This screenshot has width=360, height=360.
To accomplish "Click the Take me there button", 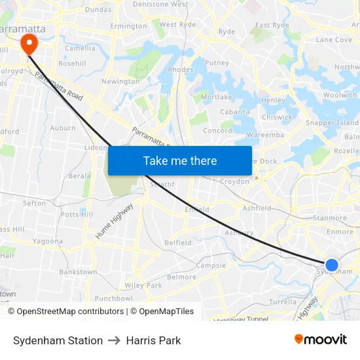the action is coord(180,160).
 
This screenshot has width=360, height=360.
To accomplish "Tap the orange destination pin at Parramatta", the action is coord(29,44).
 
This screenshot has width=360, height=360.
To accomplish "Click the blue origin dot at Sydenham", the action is coord(332,265).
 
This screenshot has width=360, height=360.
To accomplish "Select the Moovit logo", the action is coord(321,340).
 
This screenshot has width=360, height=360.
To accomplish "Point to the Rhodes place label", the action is coord(181,69).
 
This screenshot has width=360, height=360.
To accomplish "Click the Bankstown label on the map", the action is coord(78,272).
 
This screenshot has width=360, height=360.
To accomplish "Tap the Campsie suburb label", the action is coord(211,266).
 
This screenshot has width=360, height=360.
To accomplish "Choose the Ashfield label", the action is coord(257,208).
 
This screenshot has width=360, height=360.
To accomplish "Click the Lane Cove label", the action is coord(334,40).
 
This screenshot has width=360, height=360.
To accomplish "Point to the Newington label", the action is coord(120,82).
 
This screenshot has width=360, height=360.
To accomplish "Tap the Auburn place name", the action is coord(63,128).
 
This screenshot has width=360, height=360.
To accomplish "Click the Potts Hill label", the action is coord(77,215).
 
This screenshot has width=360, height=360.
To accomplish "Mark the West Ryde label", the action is coord(177,25).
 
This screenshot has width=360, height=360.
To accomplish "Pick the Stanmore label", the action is coord(330,218).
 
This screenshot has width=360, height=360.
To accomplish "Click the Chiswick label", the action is coord(277,118).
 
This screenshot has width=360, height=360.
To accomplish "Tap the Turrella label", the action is coord(283,302).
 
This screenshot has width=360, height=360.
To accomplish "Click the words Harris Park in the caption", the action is coord(153,340).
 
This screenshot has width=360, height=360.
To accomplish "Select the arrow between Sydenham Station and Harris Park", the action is coord(115,340).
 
